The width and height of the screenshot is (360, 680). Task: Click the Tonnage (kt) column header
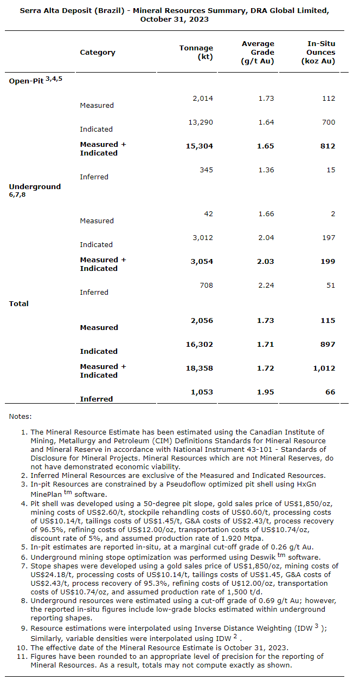196,52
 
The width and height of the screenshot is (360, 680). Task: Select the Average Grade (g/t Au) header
258,52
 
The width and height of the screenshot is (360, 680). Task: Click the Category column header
98,53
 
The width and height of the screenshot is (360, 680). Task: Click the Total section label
19,303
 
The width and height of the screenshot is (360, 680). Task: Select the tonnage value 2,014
203,98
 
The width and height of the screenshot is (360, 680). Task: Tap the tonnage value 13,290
201,122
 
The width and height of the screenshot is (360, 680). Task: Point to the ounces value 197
329,237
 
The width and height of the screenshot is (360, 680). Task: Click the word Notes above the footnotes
21,416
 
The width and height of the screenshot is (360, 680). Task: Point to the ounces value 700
329,122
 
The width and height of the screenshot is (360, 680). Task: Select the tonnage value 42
208,213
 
